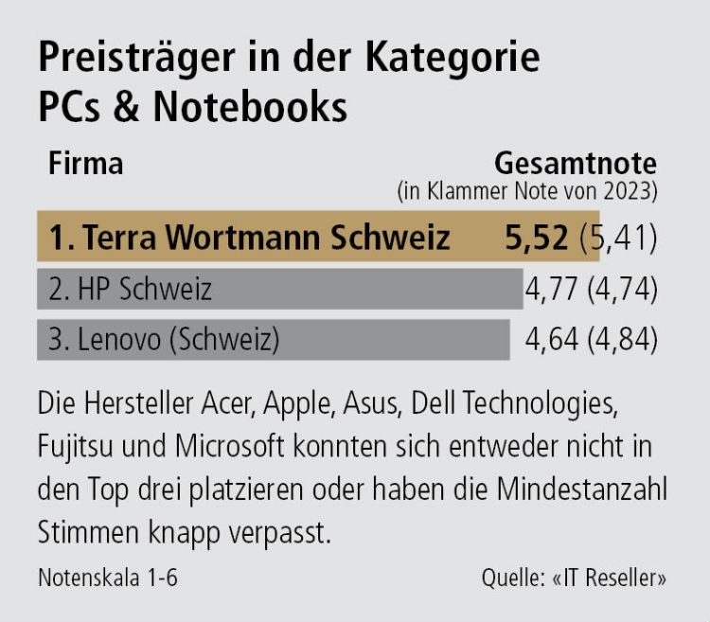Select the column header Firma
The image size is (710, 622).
coord(85,163)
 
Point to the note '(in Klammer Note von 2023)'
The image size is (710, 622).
coord(525,190)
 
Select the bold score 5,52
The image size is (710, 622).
coord(538,237)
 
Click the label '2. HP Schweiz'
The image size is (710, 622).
coord(130,289)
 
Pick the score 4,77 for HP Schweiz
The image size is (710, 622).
coord(553,289)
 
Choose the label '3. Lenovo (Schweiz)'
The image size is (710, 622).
coord(164,339)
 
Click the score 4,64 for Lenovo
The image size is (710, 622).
coord(553,339)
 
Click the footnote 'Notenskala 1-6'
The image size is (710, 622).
coord(108,578)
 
